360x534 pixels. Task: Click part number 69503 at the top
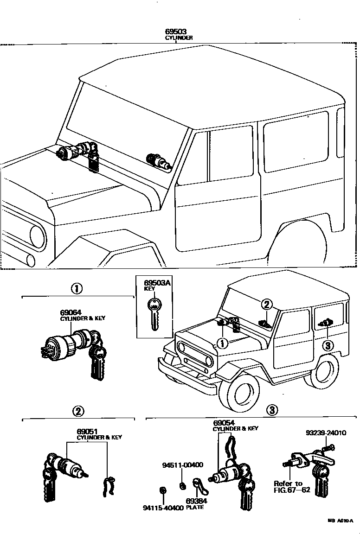[179, 32]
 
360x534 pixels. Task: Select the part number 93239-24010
[326, 433]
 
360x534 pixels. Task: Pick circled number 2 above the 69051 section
[78, 410]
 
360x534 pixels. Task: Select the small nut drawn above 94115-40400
[162, 491]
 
